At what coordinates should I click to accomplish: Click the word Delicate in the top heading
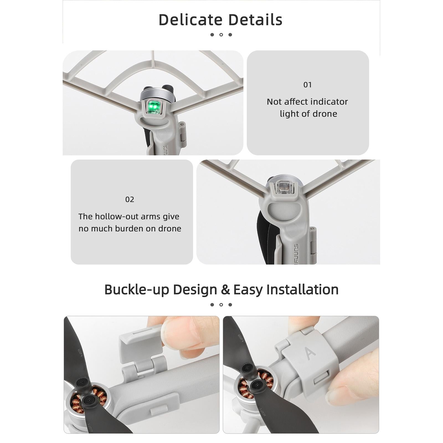tap(191, 20)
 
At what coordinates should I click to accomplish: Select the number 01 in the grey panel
tap(308, 85)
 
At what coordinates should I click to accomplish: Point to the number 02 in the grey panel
tap(130, 199)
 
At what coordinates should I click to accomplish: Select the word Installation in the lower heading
tap(302, 290)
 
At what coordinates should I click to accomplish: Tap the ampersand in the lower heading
tap(225, 290)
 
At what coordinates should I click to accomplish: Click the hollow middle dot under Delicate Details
tap(221, 35)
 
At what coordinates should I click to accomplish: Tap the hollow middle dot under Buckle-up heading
tap(221, 305)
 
